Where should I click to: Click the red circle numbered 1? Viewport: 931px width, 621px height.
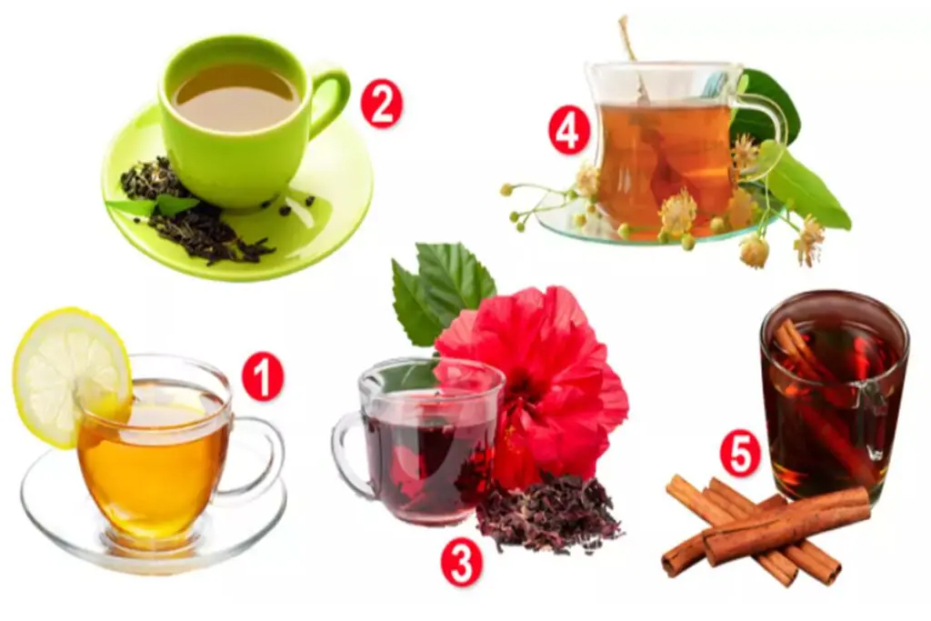(262, 378)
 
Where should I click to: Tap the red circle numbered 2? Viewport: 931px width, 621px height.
(382, 105)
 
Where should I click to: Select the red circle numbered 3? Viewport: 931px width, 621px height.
(461, 563)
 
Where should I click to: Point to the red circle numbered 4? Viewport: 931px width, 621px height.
(569, 133)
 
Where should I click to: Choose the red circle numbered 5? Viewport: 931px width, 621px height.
(740, 455)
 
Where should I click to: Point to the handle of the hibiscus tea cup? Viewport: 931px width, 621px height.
(350, 455)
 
